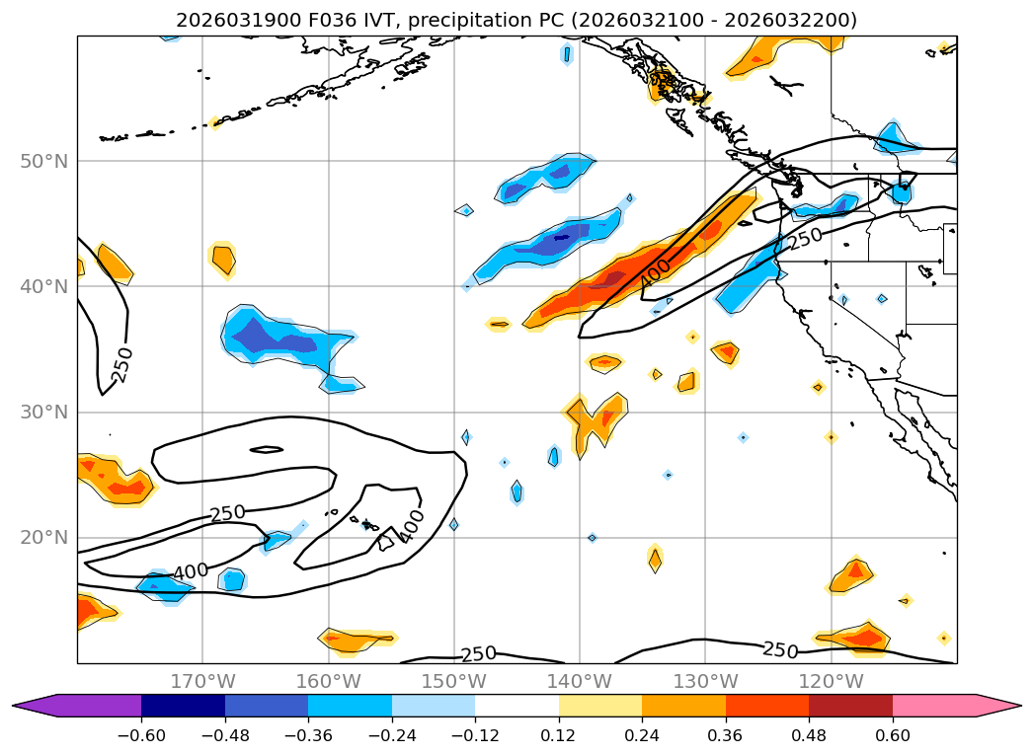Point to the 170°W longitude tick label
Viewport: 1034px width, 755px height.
pyautogui.click(x=202, y=681)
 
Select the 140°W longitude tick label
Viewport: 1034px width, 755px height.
pyautogui.click(x=579, y=681)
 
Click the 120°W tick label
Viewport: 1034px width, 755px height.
pyautogui.click(x=830, y=681)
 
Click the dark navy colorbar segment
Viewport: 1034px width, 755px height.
pyautogui.click(x=183, y=706)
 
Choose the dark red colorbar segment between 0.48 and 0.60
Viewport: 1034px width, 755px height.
pyautogui.click(x=850, y=706)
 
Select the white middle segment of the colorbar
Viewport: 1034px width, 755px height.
pyautogui.click(x=517, y=706)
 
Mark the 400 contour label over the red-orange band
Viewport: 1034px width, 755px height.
pyautogui.click(x=655, y=271)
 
